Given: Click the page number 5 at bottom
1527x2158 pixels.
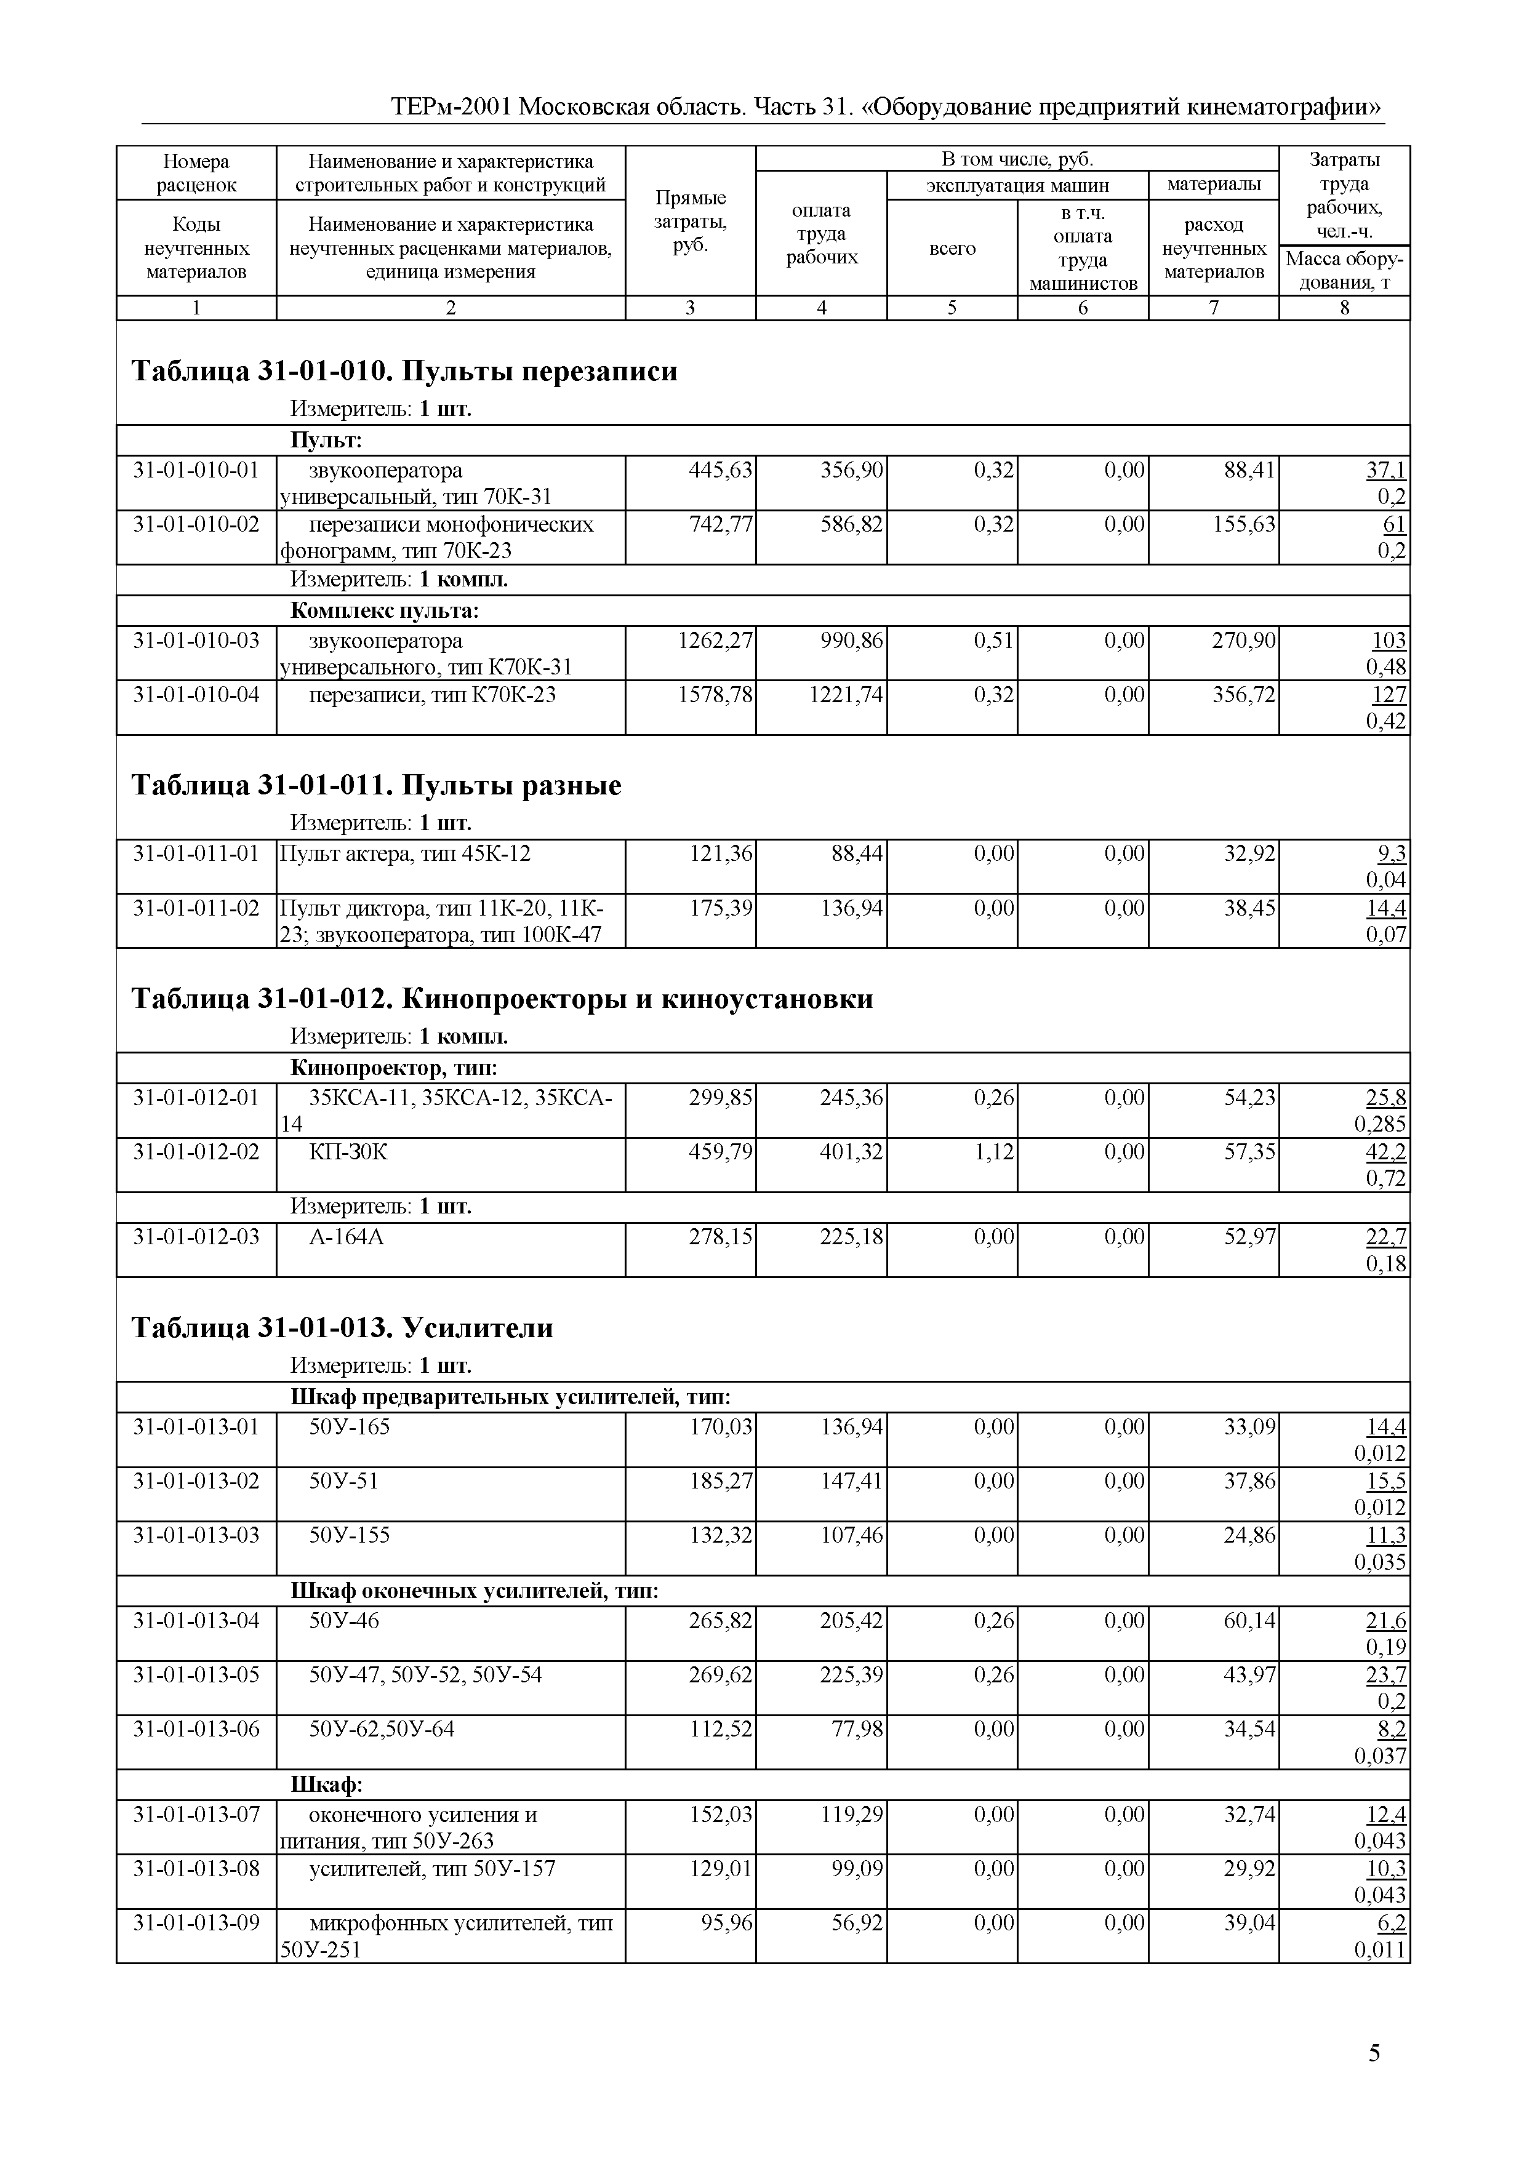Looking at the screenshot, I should coord(1374,2053).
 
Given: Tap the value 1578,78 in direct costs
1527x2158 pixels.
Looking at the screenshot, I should coord(715,695).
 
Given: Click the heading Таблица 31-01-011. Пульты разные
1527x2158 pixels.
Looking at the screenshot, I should coord(376,785).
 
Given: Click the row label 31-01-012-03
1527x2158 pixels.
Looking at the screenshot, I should coord(196,1237).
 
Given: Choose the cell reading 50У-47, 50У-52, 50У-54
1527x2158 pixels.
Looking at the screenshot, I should coord(425,1675).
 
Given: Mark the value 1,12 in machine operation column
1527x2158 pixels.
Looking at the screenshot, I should coord(994,1151).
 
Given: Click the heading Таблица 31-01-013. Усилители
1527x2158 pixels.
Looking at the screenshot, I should coord(342,1327).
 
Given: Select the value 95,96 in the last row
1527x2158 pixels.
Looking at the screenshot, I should coord(726,1923).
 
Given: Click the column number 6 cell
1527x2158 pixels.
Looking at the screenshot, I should coord(1082,307).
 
